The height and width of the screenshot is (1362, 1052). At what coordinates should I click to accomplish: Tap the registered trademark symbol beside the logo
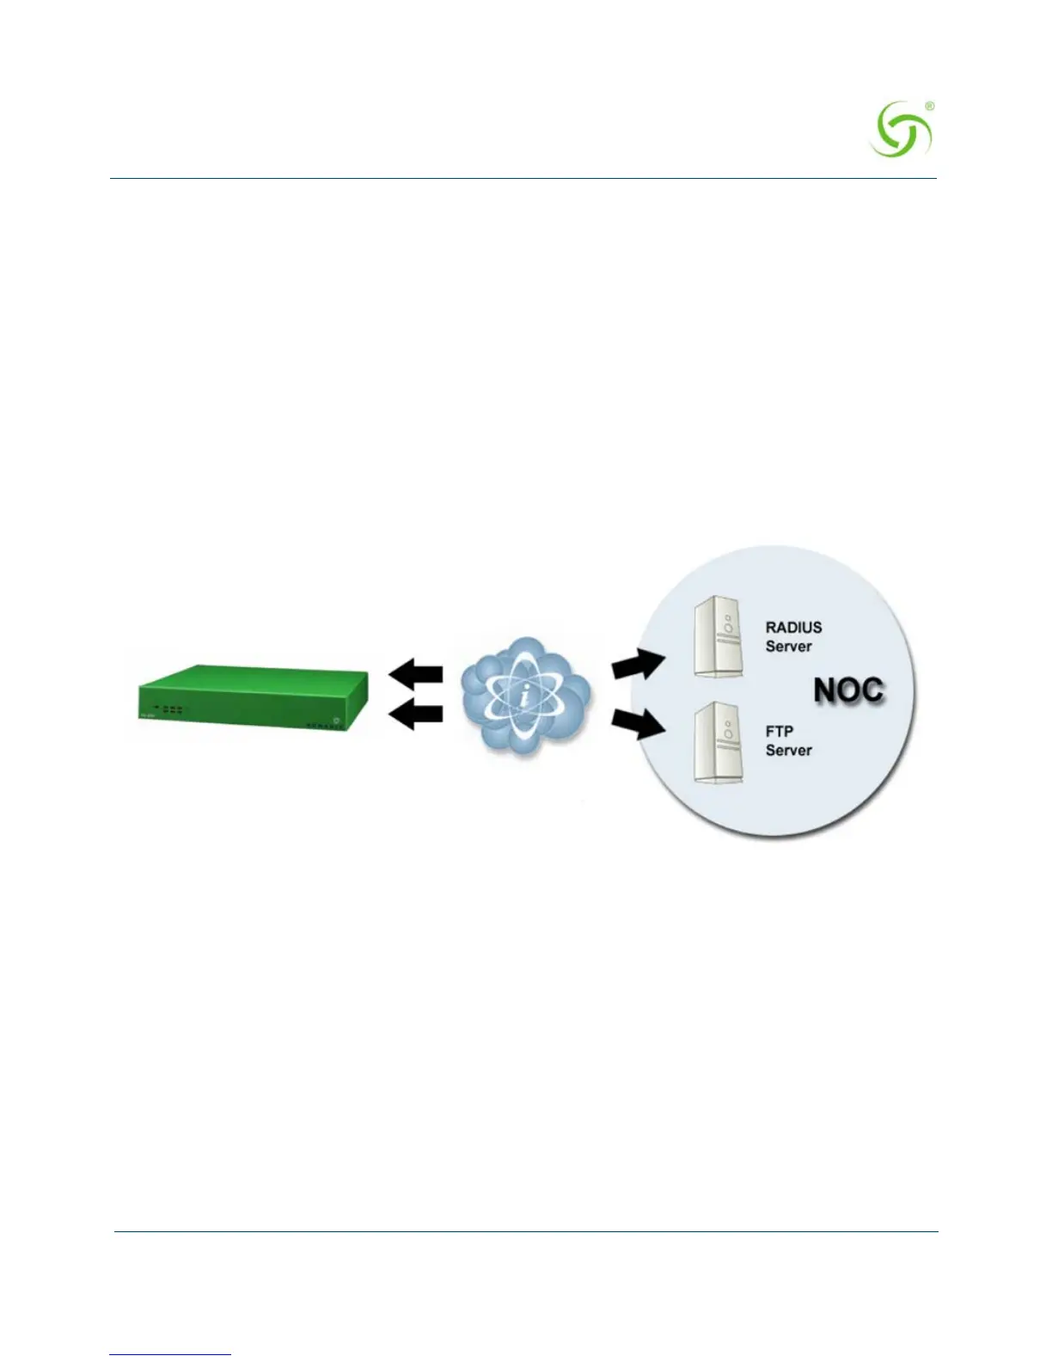(x=929, y=106)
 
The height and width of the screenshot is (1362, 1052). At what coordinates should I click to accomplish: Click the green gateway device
(x=254, y=699)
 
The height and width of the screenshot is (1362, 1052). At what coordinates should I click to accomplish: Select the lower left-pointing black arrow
(x=417, y=714)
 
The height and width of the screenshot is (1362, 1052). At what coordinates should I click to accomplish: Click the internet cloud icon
(x=525, y=695)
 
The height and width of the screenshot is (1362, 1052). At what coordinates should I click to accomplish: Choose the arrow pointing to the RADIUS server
(x=638, y=664)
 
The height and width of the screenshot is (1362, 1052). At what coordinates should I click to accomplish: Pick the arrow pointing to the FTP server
(x=639, y=724)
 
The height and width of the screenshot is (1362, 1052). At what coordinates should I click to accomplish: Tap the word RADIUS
(x=793, y=628)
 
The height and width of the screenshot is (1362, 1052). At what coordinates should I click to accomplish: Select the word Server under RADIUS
(x=788, y=647)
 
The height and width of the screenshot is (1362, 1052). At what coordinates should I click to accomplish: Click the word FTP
(x=779, y=732)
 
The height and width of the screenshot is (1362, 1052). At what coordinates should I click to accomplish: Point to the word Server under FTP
(x=788, y=751)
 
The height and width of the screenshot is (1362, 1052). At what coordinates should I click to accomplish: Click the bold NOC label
(x=848, y=690)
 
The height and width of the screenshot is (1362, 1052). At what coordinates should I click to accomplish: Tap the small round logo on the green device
(x=337, y=712)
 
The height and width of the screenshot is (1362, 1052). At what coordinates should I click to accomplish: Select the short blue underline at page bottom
(x=170, y=1354)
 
